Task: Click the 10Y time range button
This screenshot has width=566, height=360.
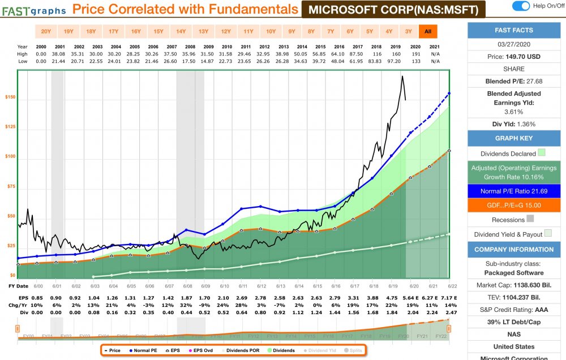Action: coord(271,32)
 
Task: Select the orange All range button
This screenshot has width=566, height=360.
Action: coord(427,32)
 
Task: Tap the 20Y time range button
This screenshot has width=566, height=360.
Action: coord(47,32)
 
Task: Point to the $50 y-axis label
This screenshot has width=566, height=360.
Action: coord(11,216)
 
